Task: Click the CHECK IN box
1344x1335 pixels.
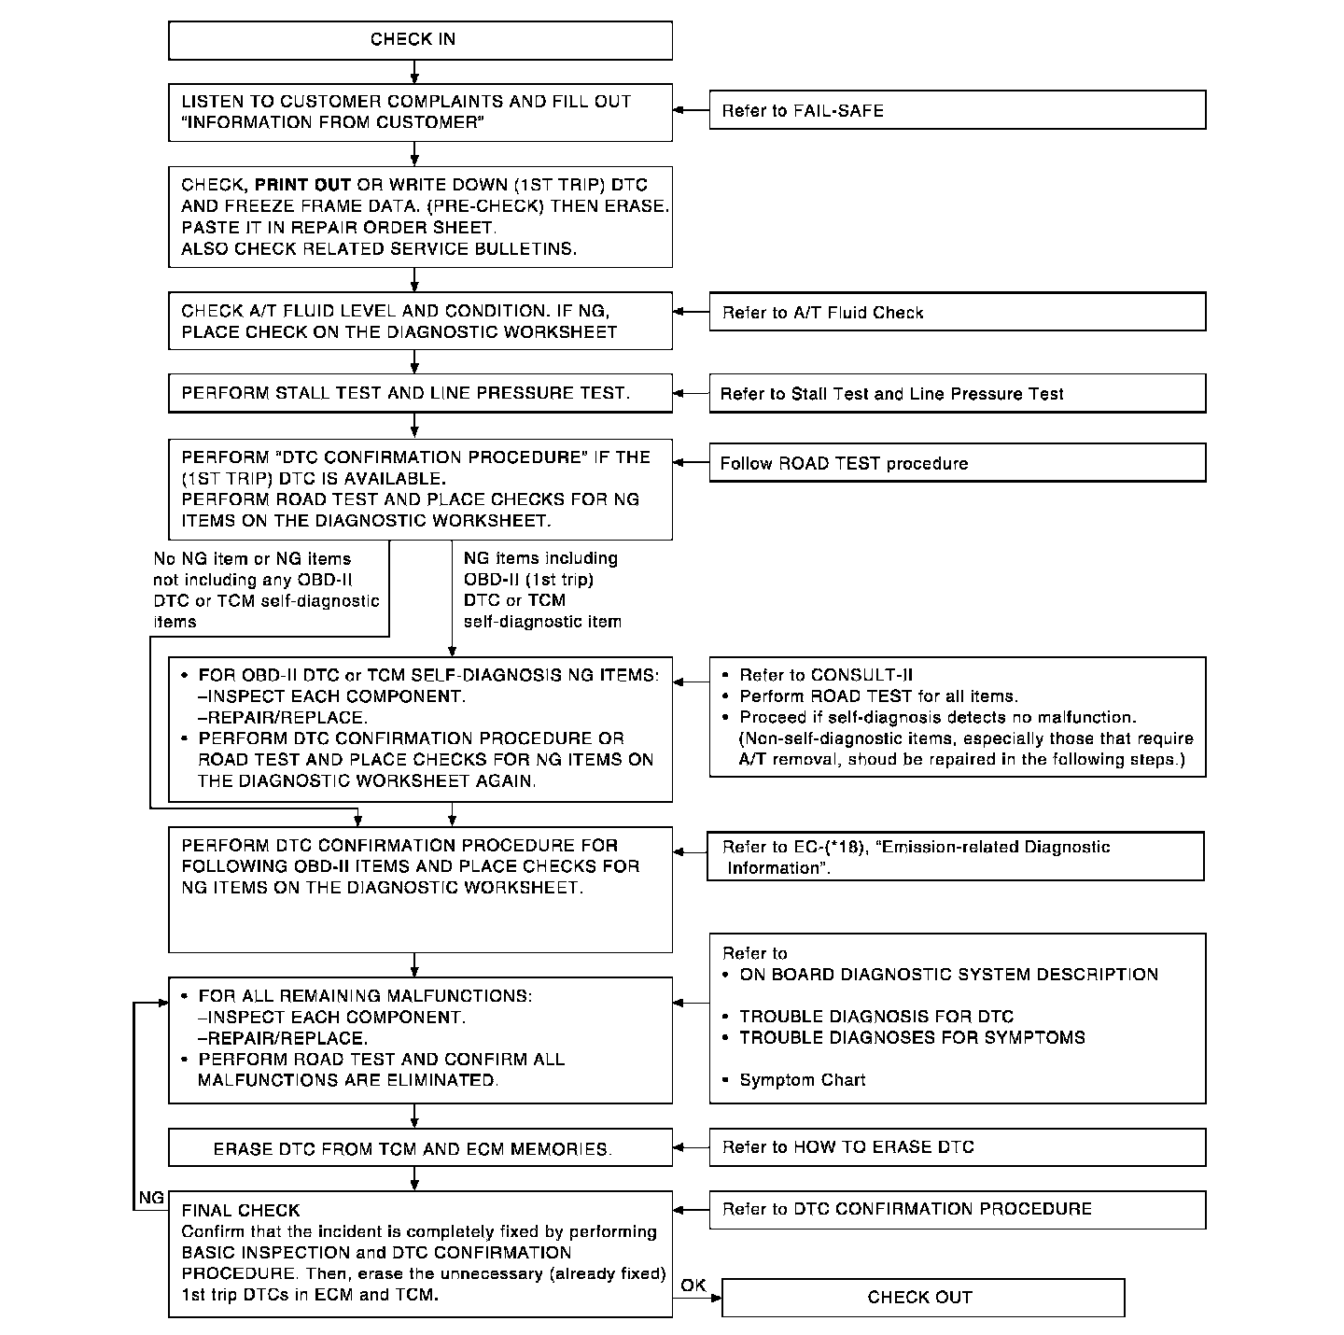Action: coord(420,40)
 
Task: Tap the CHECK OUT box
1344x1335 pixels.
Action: coord(922,1297)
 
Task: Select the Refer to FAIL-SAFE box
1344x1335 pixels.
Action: coord(957,110)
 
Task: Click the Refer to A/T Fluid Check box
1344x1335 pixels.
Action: coord(957,312)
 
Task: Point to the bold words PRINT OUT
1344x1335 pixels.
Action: coord(302,185)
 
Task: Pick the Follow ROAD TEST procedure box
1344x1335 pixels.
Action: coord(957,463)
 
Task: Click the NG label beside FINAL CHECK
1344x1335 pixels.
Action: coord(151,1198)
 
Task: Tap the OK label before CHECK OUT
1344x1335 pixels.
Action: coord(693,1286)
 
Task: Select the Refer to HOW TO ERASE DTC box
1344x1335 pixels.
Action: coord(957,1147)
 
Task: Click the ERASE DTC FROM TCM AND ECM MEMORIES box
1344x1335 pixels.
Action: coord(420,1148)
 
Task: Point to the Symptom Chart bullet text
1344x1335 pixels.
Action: coord(802,1080)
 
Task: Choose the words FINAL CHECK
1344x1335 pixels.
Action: coord(241,1211)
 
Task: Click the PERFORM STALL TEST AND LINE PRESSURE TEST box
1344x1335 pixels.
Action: coord(420,393)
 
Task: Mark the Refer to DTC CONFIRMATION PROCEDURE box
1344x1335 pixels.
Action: coord(957,1209)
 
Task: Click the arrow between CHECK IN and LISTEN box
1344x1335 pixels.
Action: coord(414,72)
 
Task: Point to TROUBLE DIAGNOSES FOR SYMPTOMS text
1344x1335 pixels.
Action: coord(912,1037)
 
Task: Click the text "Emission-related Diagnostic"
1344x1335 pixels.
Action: coord(995,847)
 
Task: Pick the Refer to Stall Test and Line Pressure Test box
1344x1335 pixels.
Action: coord(957,393)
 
